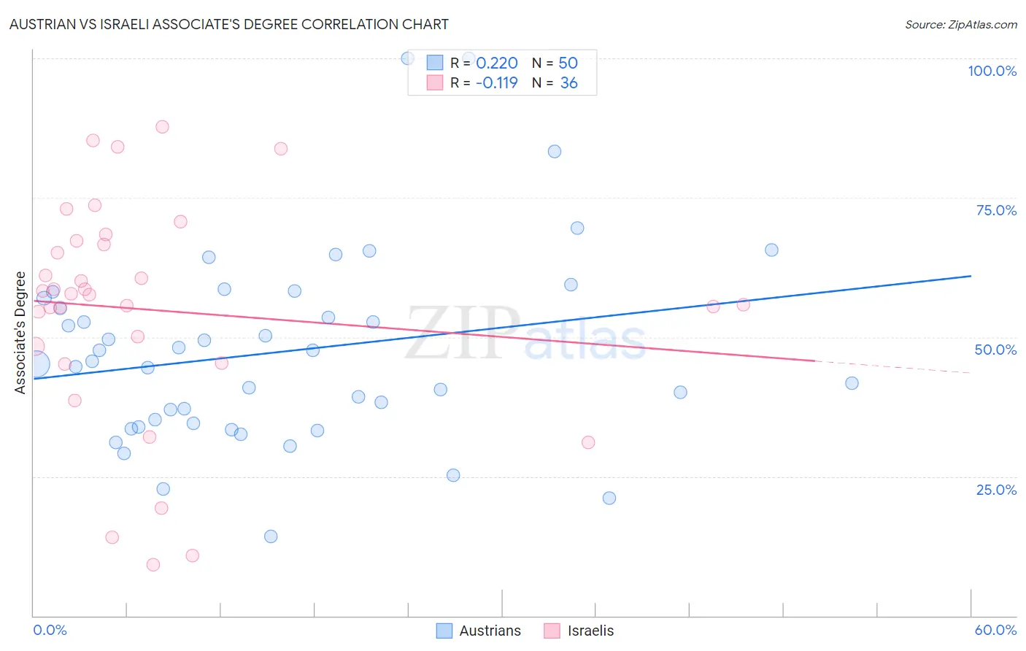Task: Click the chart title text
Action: point(228,24)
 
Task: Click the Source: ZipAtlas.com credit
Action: point(960,25)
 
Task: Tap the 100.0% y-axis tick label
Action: point(992,71)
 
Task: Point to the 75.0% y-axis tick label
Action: point(996,210)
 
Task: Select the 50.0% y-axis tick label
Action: point(995,350)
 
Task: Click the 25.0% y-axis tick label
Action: point(996,490)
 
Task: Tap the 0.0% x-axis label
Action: point(50,630)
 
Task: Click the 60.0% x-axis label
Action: point(995,630)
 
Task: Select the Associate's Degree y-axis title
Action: point(20,333)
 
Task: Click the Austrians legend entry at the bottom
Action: point(479,631)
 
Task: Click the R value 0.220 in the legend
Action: point(497,63)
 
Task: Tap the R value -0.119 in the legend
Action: point(497,83)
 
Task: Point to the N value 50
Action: point(568,63)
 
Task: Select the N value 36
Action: point(568,83)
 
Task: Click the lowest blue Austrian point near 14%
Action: point(271,536)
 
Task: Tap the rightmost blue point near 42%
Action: point(852,383)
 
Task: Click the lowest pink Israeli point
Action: point(153,564)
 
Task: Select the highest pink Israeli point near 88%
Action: point(162,127)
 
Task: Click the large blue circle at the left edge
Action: point(36,363)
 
